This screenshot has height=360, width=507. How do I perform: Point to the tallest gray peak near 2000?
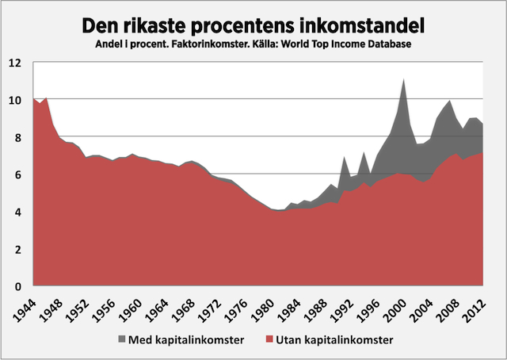coord(404,83)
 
